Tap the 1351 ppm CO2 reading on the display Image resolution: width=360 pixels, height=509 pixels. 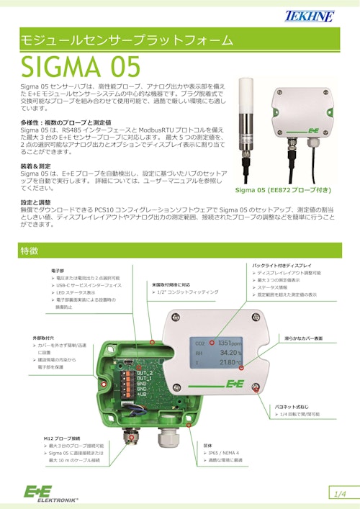(x=229, y=343)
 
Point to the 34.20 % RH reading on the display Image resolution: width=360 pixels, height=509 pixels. (x=229, y=353)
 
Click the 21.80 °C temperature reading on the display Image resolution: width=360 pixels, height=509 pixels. (x=229, y=364)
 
